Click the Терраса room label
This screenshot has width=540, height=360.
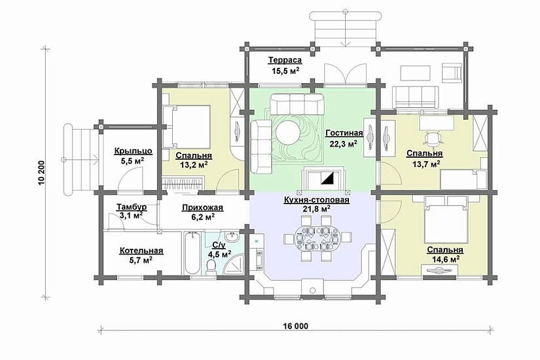285,60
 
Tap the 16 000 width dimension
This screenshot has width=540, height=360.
296,326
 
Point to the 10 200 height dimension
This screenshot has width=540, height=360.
42,173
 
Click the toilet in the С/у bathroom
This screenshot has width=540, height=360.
211,266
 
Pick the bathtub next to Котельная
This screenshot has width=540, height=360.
192,253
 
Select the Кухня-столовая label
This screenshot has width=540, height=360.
317,200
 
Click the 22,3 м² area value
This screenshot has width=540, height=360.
343,143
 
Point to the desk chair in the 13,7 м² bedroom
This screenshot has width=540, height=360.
433,139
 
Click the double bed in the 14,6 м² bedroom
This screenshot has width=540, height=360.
446,219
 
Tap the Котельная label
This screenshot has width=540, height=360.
141,251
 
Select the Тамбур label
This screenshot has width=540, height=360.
131,207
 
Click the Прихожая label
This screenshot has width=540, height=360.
202,207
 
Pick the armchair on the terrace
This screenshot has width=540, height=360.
452,73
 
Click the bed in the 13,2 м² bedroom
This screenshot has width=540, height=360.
187,126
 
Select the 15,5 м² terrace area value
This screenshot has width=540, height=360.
283,71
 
